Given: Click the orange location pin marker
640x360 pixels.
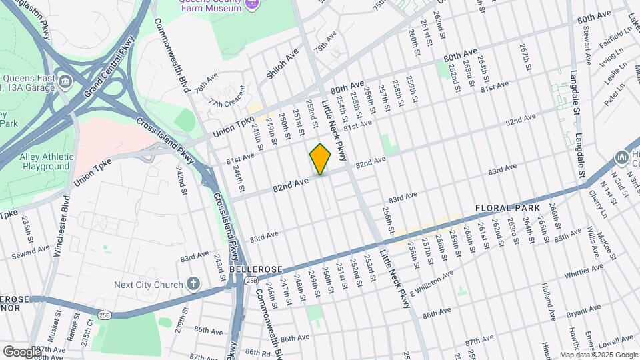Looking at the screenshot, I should [320, 159].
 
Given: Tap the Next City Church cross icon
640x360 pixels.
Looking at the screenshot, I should [193, 285].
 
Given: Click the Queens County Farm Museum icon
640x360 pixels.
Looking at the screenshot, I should [251, 5].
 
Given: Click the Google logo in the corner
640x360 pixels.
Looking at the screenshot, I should [22, 351].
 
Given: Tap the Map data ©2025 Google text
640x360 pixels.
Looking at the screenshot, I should [598, 355].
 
